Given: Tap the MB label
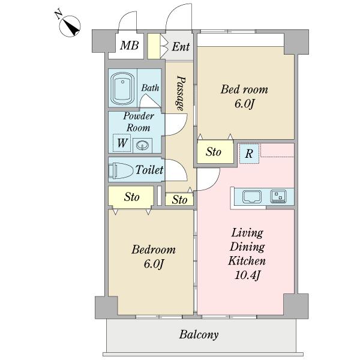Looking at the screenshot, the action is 129,45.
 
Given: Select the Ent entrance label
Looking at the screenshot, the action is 181,47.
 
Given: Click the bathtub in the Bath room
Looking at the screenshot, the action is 122,89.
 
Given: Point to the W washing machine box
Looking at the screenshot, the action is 122,143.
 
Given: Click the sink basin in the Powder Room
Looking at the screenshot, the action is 142,145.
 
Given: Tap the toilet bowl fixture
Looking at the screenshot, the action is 121,170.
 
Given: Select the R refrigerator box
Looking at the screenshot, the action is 249,154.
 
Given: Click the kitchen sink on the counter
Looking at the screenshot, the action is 252,197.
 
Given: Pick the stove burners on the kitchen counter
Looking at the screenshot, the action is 278,196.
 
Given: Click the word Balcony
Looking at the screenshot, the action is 199,335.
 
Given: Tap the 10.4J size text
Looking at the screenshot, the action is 247,275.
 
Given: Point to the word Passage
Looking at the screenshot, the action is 181,93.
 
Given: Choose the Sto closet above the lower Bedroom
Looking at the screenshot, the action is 131,197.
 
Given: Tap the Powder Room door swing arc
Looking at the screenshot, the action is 183,128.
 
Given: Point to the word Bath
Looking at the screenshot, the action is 150,88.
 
